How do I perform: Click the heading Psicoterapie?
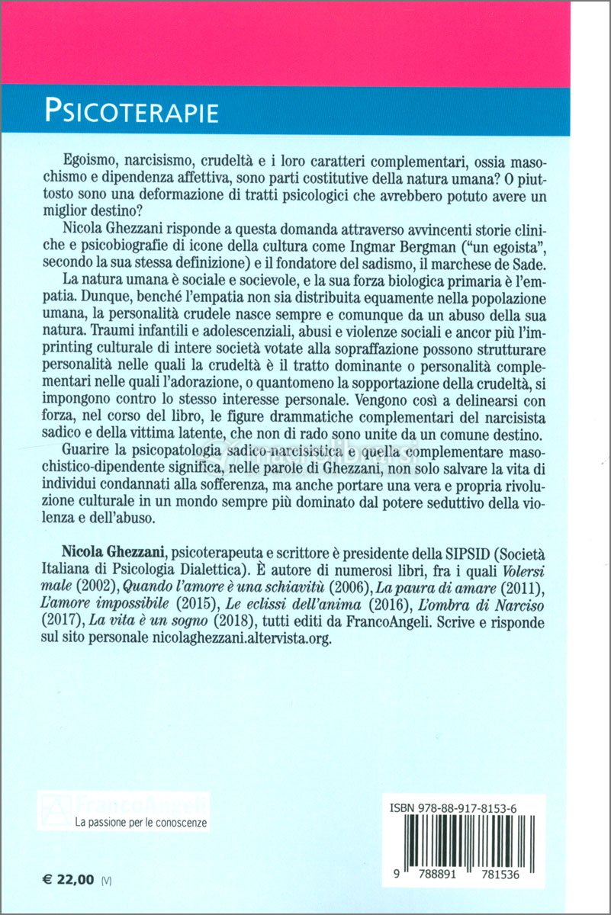pyautogui.click(x=131, y=111)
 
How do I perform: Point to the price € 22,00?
pyautogui.click(x=68, y=879)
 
